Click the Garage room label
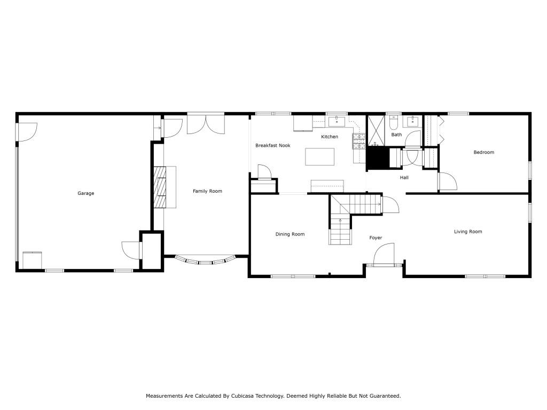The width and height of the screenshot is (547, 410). click(x=85, y=193)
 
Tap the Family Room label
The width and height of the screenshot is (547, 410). click(x=207, y=191)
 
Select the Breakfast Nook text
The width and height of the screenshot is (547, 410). click(x=272, y=145)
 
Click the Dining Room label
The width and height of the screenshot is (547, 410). click(x=290, y=234)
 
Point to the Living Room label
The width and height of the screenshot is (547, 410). click(x=468, y=232)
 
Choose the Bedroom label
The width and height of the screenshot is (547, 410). click(x=484, y=152)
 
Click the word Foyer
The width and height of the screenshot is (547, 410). click(x=376, y=238)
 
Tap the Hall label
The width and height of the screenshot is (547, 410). click(x=404, y=178)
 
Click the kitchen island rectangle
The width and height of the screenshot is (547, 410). click(x=320, y=156)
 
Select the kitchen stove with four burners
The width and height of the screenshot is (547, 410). click(x=358, y=140)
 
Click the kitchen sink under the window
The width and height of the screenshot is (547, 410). click(x=337, y=118)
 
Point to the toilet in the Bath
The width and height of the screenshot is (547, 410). click(x=394, y=123)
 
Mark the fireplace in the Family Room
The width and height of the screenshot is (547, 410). click(x=160, y=187)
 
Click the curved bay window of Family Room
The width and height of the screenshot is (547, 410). click(x=207, y=261)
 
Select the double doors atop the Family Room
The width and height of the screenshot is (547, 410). click(x=206, y=123)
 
